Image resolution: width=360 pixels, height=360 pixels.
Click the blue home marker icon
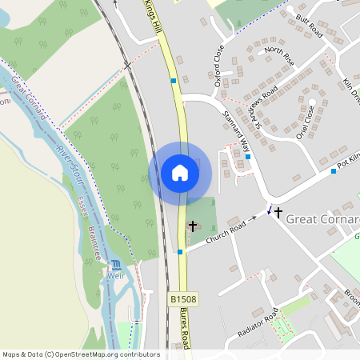tap(180, 172)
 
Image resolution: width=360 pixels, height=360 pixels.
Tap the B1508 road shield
tap(183, 298)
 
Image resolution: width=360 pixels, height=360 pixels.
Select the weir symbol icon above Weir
tap(117, 265)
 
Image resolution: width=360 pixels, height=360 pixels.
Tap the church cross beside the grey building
tap(193, 226)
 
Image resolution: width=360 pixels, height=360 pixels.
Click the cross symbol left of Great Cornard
tap(278, 213)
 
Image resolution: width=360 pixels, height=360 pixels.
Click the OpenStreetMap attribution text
tap(80, 354)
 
